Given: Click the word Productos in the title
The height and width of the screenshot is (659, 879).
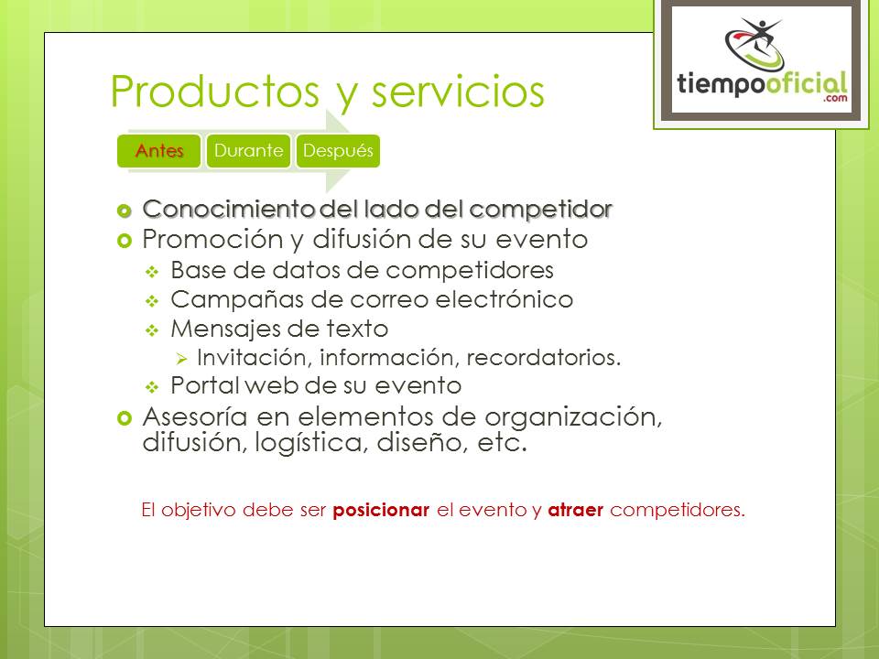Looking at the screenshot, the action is pyautogui.click(x=214, y=91).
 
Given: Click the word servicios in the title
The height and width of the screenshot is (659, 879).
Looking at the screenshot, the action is pyautogui.click(x=458, y=91).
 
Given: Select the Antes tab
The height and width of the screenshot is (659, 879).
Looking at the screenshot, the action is pyautogui.click(x=158, y=151).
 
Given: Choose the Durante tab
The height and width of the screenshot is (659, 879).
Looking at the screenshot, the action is pyautogui.click(x=248, y=151).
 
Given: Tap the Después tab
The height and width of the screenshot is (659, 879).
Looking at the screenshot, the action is pyautogui.click(x=338, y=151).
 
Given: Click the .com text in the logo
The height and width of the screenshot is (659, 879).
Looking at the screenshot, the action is pyautogui.click(x=835, y=98).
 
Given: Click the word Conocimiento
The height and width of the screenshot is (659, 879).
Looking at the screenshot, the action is pyautogui.click(x=229, y=209).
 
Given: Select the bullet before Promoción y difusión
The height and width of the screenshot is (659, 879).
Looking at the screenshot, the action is pyautogui.click(x=124, y=241).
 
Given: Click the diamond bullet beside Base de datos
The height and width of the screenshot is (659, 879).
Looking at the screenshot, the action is pyautogui.click(x=152, y=273).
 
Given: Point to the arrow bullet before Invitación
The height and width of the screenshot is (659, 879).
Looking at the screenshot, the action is pyautogui.click(x=181, y=359).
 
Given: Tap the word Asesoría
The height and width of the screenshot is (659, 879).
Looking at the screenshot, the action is pyautogui.click(x=194, y=417).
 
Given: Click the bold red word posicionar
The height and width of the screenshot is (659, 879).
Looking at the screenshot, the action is pyautogui.click(x=381, y=511).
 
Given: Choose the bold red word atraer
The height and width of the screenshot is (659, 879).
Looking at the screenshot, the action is pyautogui.click(x=575, y=510).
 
